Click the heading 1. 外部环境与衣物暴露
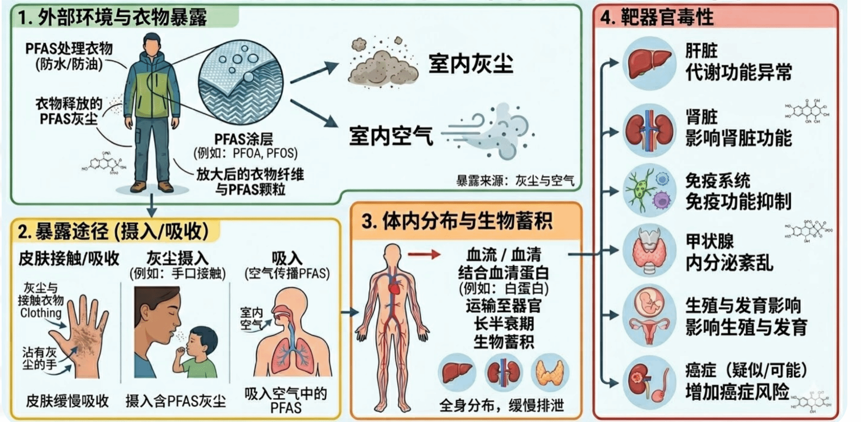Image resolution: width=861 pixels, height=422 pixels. click(x=113, y=18)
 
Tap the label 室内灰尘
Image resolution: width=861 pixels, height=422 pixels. click(x=470, y=64)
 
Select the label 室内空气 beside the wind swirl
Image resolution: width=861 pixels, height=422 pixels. click(x=391, y=136)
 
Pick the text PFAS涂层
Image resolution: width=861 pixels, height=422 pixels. click(x=243, y=139)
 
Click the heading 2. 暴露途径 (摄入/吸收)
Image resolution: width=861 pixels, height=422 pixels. click(x=114, y=231)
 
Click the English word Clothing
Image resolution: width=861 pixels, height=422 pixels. click(x=41, y=313)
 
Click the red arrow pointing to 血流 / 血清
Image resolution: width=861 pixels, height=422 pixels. click(x=423, y=254)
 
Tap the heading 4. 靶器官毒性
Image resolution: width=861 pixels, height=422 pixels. click(x=657, y=17)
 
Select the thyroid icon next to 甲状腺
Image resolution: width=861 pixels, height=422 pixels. click(x=650, y=250)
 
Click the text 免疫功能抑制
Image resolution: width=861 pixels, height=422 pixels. click(x=738, y=202)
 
